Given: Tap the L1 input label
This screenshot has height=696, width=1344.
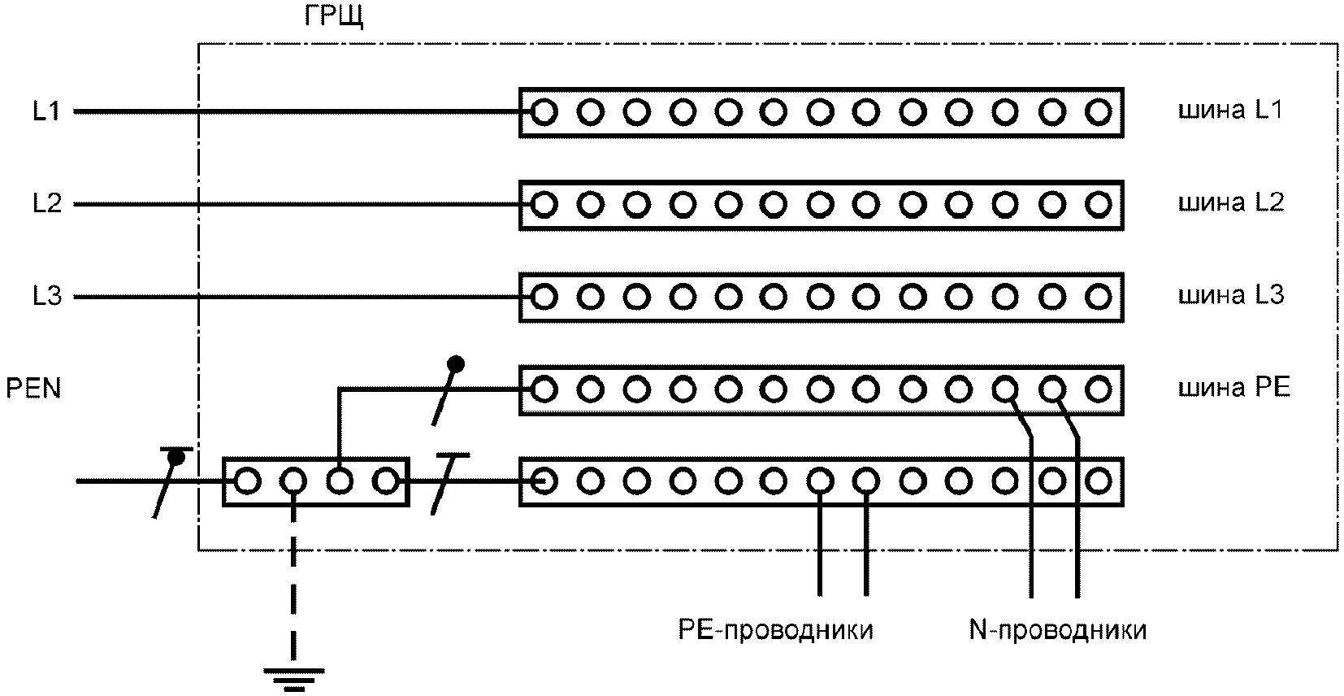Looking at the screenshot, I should [47, 111].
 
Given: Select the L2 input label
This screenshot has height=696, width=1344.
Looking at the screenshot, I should [47, 203].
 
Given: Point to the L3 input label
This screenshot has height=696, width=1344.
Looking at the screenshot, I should [47, 297].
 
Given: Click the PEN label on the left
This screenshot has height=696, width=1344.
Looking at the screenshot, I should [34, 389].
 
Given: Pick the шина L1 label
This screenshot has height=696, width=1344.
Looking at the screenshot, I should [1230, 110].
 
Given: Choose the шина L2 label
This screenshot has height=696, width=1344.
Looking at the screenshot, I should [1230, 202].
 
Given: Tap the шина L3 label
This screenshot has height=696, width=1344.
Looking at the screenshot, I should [1230, 294].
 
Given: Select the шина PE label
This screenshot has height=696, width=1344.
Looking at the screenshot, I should [1233, 388].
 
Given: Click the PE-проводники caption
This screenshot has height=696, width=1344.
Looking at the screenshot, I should [776, 630].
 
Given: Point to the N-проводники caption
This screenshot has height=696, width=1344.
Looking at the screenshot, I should [1058, 630].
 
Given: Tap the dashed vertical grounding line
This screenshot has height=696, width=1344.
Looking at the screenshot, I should [293, 594].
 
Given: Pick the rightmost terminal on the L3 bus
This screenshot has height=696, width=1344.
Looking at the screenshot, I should [1099, 297].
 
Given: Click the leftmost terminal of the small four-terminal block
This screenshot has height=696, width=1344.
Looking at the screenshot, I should [247, 482].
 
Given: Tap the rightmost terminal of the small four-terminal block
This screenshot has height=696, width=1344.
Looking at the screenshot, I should [385, 482].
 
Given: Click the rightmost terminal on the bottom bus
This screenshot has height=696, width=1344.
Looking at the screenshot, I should [1099, 482].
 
